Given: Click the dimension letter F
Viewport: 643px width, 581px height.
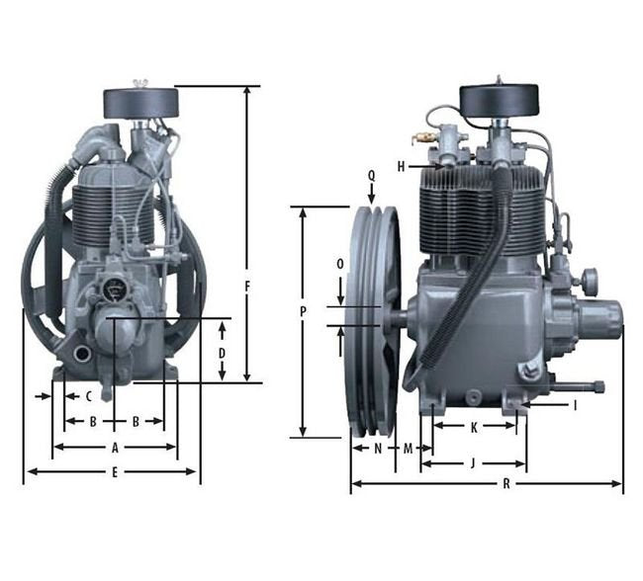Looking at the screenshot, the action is tap(247, 288).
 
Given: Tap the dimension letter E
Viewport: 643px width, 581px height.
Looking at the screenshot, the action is tap(115, 472).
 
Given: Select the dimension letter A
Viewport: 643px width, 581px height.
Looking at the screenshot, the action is tap(115, 448).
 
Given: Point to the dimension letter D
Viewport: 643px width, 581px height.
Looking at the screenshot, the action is tap(222, 353).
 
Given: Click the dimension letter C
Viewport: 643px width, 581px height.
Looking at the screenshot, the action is tap(89, 396).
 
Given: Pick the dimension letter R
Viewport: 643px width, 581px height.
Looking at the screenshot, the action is tap(506, 484).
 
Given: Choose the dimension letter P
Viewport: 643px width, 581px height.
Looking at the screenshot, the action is tap(303, 312).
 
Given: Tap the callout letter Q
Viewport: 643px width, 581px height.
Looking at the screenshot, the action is tap(372, 176).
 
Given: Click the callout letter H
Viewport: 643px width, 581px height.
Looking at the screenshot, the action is tap(401, 166).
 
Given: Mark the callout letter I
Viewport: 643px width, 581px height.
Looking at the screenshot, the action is tap(575, 405).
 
